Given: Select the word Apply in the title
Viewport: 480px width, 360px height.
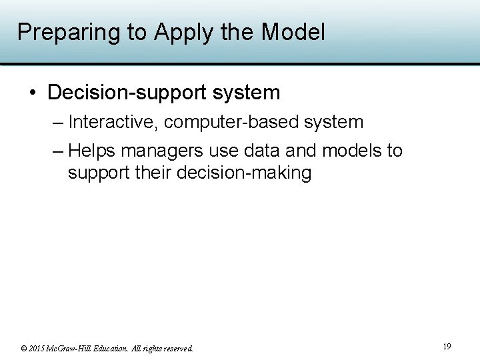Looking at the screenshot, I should [x=177, y=32].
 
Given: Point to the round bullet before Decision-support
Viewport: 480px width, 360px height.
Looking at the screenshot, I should [x=33, y=93].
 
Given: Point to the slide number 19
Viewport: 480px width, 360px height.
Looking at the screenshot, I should [x=447, y=346].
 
